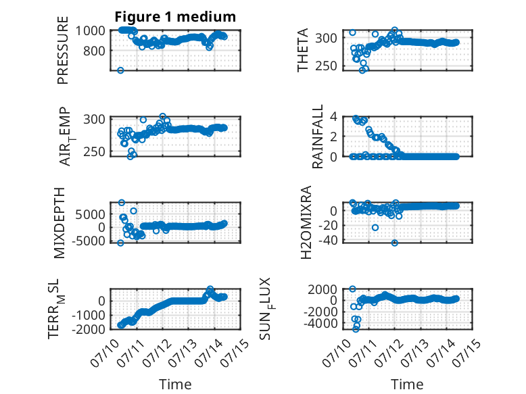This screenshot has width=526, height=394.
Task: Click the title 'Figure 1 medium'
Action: [x=175, y=17]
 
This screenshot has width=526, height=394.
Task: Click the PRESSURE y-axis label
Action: [x=63, y=50]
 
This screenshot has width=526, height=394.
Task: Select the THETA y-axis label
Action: [x=303, y=50]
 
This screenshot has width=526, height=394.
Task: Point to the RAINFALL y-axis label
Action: [x=317, y=136]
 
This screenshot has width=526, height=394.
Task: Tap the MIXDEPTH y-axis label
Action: [x=59, y=223]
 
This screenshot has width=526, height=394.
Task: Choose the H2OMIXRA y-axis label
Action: [x=306, y=222]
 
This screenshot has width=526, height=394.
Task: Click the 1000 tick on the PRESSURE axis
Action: [x=91, y=31]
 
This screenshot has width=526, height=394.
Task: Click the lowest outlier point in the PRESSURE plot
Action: [x=120, y=70]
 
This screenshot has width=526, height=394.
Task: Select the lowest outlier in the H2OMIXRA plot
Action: [x=395, y=243]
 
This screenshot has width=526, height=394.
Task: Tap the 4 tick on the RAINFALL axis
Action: [x=334, y=117]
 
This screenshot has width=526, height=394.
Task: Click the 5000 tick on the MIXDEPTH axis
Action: [x=90, y=214]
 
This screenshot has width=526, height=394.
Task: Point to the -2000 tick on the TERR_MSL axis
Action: [x=89, y=329]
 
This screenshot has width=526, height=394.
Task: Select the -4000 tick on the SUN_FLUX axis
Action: [x=320, y=324]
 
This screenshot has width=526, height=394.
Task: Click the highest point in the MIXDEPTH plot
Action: [x=122, y=203]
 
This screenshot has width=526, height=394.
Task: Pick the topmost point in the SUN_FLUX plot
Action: [x=352, y=289]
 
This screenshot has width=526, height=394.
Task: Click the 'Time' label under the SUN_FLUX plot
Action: [x=407, y=384]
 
